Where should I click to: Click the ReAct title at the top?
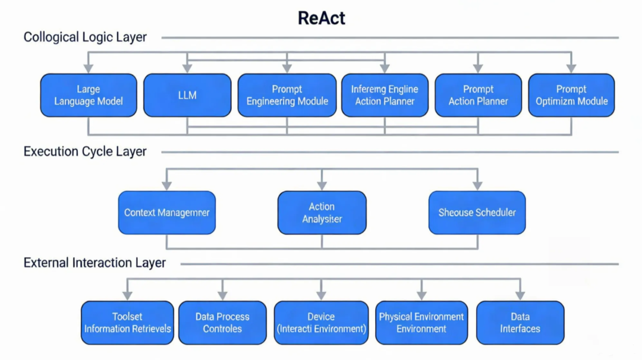pyautogui.click(x=321, y=18)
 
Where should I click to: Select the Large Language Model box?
pyautogui.click(x=89, y=95)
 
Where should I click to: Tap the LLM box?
pyautogui.click(x=187, y=95)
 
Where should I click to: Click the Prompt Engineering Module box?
pyautogui.click(x=287, y=95)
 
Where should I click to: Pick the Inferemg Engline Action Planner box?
pyautogui.click(x=385, y=95)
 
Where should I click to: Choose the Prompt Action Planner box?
pyautogui.click(x=478, y=95)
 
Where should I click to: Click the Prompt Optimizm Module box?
pyautogui.click(x=571, y=95)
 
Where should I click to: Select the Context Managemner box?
pyautogui.click(x=166, y=213)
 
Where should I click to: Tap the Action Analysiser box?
pyautogui.click(x=322, y=213)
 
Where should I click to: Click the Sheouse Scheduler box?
pyautogui.click(x=477, y=213)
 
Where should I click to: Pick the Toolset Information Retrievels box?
pyautogui.click(x=127, y=323)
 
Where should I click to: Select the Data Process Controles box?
pyautogui.click(x=222, y=323)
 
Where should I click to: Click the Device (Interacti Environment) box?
pyautogui.click(x=321, y=323)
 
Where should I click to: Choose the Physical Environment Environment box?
pyautogui.click(x=421, y=323)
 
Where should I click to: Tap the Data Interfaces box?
pyautogui.click(x=520, y=323)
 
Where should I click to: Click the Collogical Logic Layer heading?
pyautogui.click(x=85, y=37)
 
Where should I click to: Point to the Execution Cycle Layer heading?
pyautogui.click(x=85, y=151)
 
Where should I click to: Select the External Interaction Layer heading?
pyautogui.click(x=95, y=263)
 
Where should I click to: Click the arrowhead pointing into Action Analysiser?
pyautogui.click(x=322, y=186)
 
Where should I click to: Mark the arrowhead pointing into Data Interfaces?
pyautogui.click(x=520, y=296)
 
